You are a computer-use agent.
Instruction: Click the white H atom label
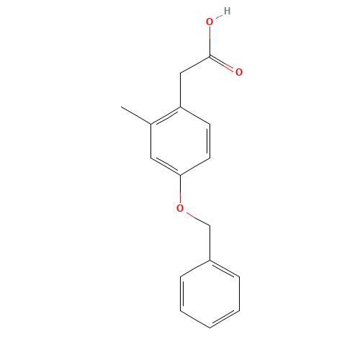pos(227,11)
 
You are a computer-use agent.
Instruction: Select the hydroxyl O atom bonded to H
pos(210,22)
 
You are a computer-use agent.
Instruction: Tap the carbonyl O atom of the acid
pos(238,72)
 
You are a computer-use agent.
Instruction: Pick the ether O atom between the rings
pos(180,209)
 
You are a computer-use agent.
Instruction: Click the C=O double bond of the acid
pos(224,64)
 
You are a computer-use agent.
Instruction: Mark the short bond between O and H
pos(218,17)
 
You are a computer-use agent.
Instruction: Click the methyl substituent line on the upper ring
pos(136,116)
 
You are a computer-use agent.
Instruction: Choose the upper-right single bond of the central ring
pos(194,116)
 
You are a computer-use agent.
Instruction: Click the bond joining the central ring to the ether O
pos(180,189)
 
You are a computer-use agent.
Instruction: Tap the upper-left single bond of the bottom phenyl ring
pos(194,268)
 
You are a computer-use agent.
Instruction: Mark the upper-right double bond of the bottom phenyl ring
pos(224,268)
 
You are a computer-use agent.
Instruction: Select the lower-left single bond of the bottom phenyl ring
pos(194,319)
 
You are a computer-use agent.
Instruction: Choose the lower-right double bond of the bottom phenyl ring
pos(224,319)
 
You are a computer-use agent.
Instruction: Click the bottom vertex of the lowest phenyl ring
pos(210,328)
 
